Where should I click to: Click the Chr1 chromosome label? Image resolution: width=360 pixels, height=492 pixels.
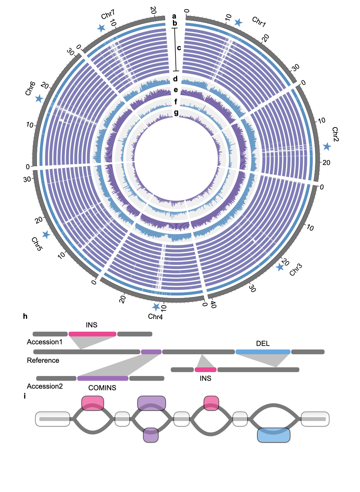coord(259,22)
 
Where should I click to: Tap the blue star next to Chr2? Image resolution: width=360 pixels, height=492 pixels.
coord(327,147)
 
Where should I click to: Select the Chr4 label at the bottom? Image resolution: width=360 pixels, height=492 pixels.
coord(155,317)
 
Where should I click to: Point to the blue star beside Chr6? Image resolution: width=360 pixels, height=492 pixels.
coord(39,99)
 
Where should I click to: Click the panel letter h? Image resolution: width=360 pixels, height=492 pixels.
coord(25,316)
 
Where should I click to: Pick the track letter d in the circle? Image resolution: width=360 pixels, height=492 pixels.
coord(175,79)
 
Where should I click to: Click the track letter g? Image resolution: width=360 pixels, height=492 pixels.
coord(176,112)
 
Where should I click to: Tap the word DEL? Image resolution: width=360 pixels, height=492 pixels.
coord(263,343)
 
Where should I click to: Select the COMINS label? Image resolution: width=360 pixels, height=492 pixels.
coord(102,388)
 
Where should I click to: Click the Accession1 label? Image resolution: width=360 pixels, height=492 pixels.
coord(45,342)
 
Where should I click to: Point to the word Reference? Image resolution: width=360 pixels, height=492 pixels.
coord(43,360)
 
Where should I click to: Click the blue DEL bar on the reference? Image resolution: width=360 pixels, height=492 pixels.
coord(263,352)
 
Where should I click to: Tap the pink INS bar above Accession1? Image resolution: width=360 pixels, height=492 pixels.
coord(92,334)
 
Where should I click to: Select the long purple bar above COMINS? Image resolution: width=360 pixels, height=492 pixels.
coord(103,378)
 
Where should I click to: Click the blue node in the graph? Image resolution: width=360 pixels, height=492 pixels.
coord(274,435)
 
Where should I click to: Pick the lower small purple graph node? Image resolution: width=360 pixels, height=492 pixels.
coord(151,435)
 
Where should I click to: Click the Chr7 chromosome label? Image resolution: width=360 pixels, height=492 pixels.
coord(108,15)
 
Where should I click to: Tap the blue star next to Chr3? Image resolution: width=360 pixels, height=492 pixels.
coord(280,267)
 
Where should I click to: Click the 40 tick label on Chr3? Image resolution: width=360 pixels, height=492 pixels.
coord(213,305)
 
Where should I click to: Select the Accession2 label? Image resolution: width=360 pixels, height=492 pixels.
coord(45,386)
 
